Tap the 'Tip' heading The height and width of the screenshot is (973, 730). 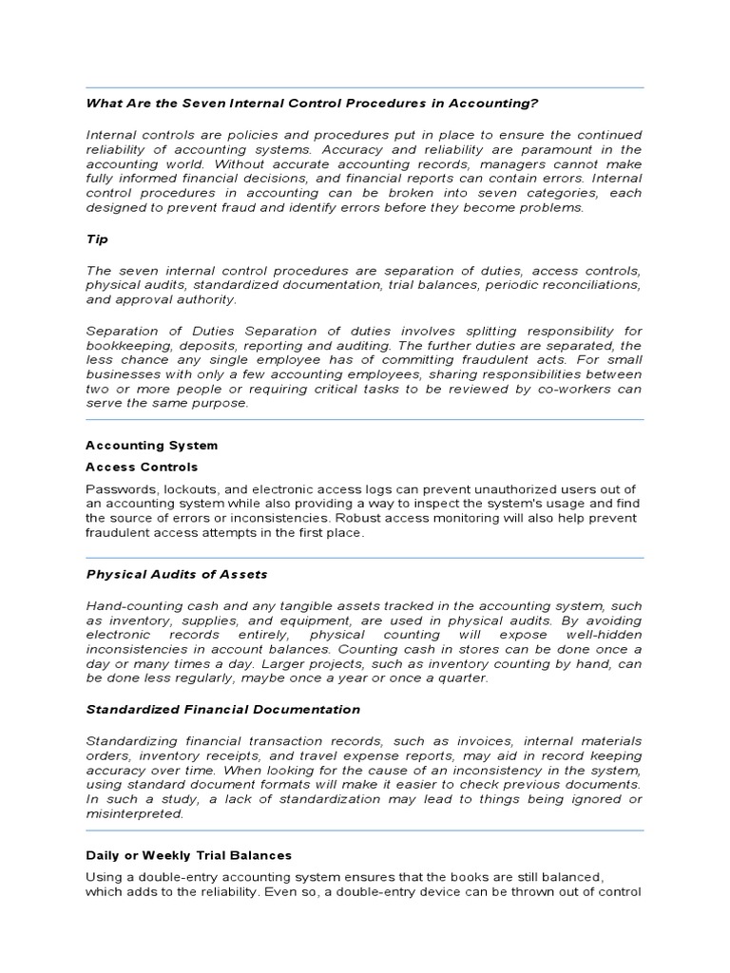(x=97, y=240)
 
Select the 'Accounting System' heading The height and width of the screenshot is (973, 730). (x=151, y=445)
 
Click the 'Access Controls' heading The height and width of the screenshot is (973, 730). (x=142, y=467)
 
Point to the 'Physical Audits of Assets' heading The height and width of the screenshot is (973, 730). (x=177, y=574)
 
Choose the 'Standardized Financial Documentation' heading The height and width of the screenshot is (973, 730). (x=223, y=709)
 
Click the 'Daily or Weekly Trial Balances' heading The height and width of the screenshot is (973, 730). (x=188, y=855)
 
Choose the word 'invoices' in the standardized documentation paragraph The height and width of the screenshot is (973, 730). (x=504, y=741)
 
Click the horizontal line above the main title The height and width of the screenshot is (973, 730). (x=364, y=87)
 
